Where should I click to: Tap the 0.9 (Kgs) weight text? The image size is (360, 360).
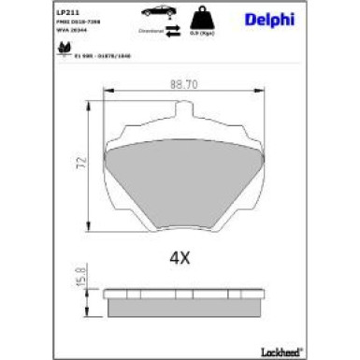[199, 33]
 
